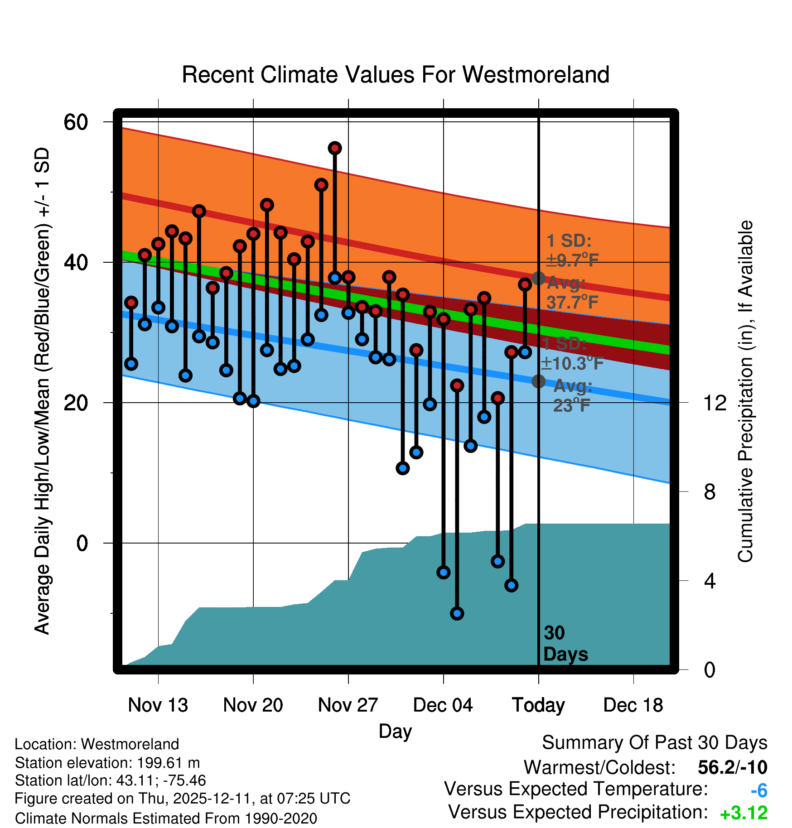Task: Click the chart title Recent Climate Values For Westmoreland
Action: tap(395, 75)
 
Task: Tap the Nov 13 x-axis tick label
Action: tap(158, 705)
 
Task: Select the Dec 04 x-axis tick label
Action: tap(443, 705)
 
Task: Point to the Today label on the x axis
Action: tap(538, 705)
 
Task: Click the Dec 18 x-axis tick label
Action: tap(633, 705)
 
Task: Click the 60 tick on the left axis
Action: tap(76, 122)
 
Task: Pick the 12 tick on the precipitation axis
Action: tap(715, 403)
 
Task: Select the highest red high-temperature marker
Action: tap(335, 148)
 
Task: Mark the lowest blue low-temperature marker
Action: tap(457, 613)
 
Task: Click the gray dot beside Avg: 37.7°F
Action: tap(538, 278)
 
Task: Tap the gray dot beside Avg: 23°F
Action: tap(538, 381)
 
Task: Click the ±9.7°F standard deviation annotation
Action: tap(572, 260)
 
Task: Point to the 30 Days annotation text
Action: tap(565, 644)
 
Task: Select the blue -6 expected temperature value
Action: tap(758, 791)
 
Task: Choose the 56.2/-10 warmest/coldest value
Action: tap(732, 767)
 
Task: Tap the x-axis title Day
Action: tap(395, 731)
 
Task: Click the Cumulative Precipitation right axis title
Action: tap(745, 391)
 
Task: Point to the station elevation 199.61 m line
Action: tap(107, 763)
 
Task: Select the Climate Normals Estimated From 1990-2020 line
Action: tap(166, 818)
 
